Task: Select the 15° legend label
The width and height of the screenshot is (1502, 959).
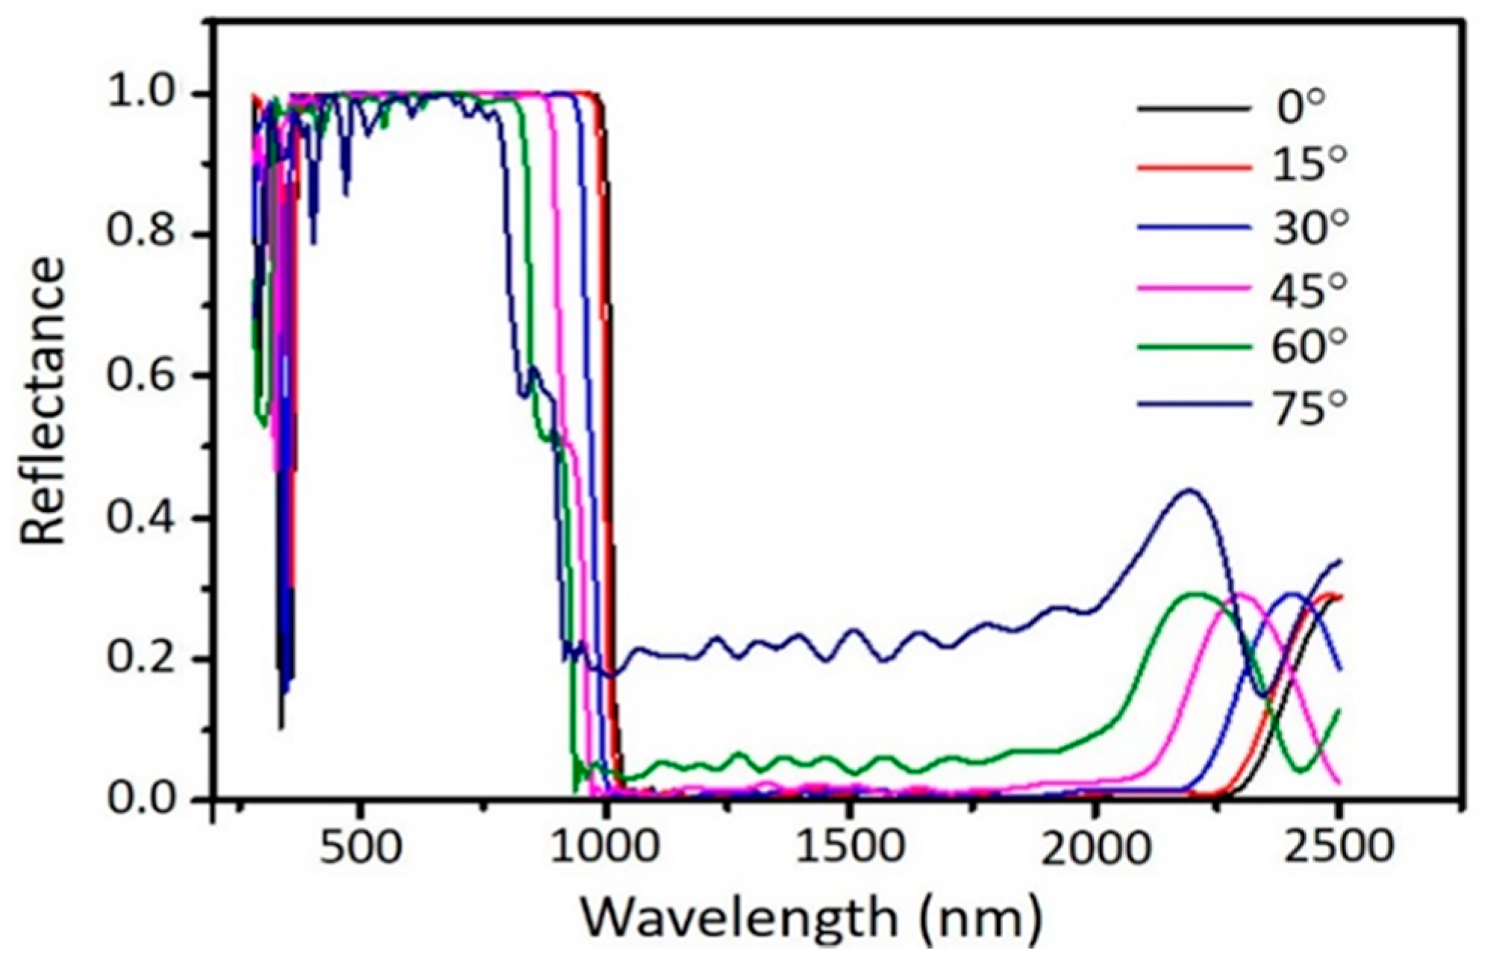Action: tap(1309, 166)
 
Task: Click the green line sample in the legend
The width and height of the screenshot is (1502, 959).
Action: tap(1194, 347)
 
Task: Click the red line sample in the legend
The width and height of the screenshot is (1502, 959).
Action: tap(1194, 168)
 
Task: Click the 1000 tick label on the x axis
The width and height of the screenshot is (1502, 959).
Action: tap(607, 849)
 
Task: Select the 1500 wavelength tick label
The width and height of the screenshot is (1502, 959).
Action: tap(850, 849)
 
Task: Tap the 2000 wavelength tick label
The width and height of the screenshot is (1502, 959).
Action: tap(1095, 849)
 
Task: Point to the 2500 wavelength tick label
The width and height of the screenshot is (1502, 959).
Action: tap(1339, 849)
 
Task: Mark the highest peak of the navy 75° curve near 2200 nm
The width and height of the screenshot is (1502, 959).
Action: tap(1189, 490)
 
